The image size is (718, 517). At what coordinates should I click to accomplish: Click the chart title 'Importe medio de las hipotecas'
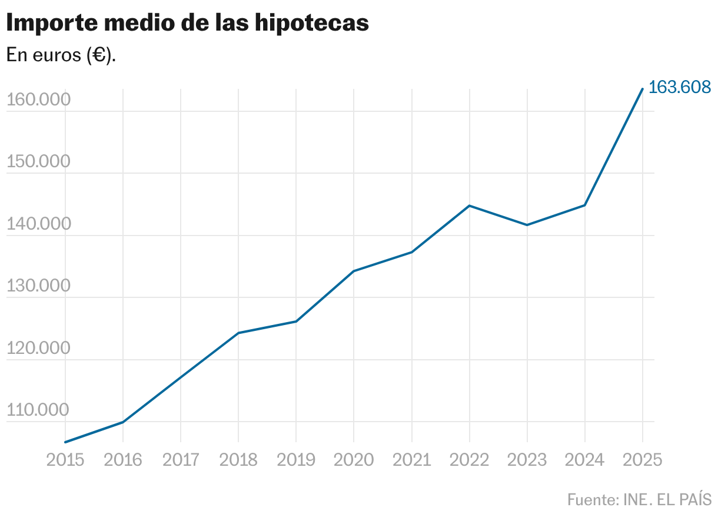coord(187,23)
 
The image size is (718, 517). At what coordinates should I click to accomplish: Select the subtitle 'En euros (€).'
coord(61,55)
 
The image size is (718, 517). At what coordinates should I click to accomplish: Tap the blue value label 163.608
coord(680,87)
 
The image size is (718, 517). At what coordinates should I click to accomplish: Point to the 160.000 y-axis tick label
coord(38,100)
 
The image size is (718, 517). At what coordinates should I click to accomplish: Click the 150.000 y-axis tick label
coord(38,162)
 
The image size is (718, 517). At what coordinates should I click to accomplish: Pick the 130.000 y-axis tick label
coord(38,286)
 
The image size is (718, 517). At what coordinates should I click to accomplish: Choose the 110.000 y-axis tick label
coord(38,410)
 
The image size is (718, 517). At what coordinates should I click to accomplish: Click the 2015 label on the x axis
coord(65,460)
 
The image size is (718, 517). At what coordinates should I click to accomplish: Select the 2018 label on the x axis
coord(238,460)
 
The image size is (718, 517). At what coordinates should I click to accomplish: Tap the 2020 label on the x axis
coord(354,460)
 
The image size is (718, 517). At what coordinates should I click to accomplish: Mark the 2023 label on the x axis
coord(527,460)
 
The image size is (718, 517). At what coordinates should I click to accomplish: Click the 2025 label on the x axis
coord(642,460)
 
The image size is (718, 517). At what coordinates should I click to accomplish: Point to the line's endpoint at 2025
coord(642,89)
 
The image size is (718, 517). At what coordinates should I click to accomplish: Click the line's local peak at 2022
coord(469,206)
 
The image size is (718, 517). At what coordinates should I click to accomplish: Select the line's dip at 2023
coord(527,225)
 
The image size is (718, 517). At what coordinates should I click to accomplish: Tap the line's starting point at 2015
coord(65,442)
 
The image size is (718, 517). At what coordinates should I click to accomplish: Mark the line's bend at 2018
coord(238,333)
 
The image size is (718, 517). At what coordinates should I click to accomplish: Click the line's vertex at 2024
coord(584,205)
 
